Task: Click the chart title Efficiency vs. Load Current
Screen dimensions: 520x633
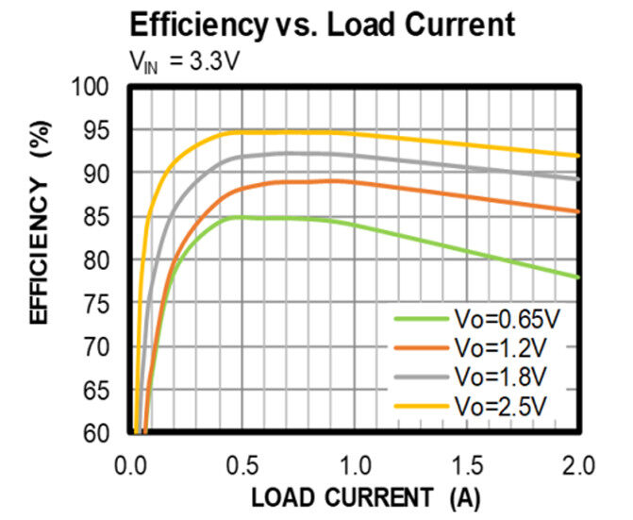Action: [323, 24]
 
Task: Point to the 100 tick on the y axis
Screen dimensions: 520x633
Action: [97, 88]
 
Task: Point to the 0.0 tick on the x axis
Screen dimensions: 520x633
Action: [131, 465]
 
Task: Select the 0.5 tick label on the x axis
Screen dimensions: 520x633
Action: [242, 465]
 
